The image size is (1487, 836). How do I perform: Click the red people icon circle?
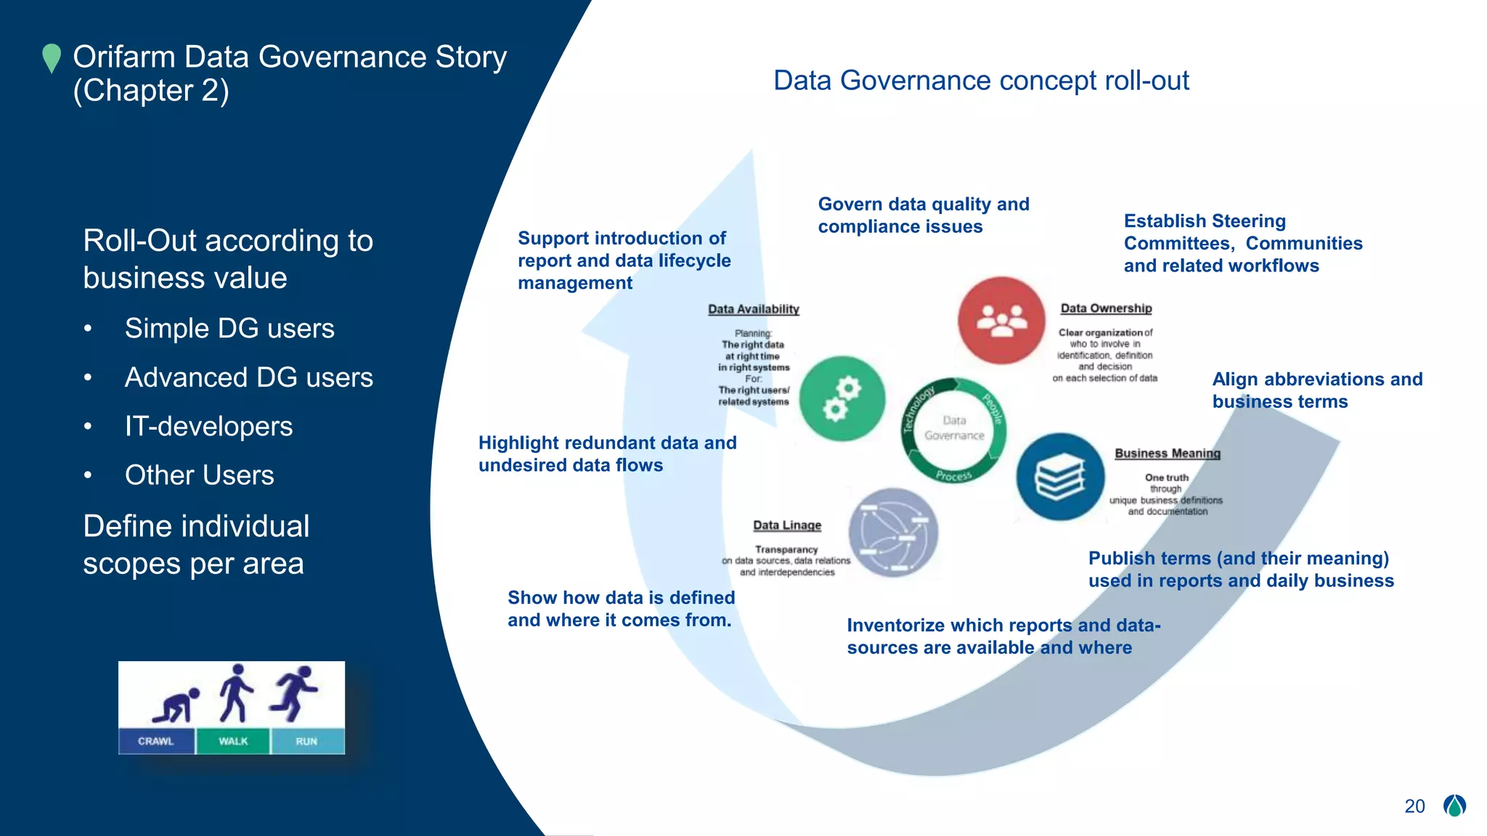pos(1001,320)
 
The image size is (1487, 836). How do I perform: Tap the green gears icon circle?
pos(842,398)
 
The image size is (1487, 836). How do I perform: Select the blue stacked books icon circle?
pos(1060,477)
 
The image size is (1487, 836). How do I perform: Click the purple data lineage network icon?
pos(893,533)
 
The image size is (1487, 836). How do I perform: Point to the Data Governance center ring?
pos(954,429)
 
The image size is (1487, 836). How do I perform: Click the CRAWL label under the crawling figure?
pos(156,741)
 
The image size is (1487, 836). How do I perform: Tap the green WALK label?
pos(233,741)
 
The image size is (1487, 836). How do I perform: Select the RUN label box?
pos(306,741)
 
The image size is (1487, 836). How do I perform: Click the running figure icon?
pos(295,692)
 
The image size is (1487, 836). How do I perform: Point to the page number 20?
pos(1414,806)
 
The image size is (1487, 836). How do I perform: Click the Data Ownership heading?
pos(1106,308)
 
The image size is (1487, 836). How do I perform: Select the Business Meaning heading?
pos(1168,454)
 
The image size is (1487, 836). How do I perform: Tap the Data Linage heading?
pos(787,525)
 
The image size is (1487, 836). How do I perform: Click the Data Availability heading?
pos(754,309)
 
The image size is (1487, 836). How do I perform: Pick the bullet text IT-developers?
pos(208,426)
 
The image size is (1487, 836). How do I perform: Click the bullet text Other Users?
pos(199,475)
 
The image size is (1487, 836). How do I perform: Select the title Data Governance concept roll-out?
pos(981,81)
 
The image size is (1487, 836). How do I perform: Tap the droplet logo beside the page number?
pos(1454,806)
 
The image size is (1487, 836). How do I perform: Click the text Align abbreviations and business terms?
pos(1316,390)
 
